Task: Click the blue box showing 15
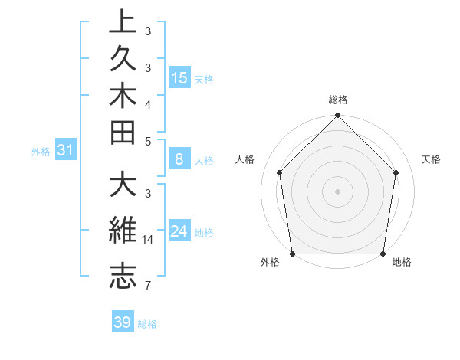pyautogui.click(x=179, y=78)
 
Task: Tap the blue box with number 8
pyautogui.click(x=179, y=160)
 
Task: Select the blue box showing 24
pyautogui.click(x=179, y=231)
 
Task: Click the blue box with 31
pyautogui.click(x=65, y=151)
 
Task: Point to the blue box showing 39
pyautogui.click(x=122, y=322)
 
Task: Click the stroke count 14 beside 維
pyautogui.click(x=149, y=240)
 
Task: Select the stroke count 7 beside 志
pyautogui.click(x=147, y=286)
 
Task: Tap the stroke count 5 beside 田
pyautogui.click(x=147, y=141)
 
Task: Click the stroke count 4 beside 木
pyautogui.click(x=147, y=103)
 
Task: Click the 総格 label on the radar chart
pyautogui.click(x=338, y=100)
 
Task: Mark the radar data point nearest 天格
pyautogui.click(x=396, y=172)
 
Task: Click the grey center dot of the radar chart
pyautogui.click(x=338, y=191)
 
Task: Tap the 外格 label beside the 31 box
pyautogui.click(x=41, y=152)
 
